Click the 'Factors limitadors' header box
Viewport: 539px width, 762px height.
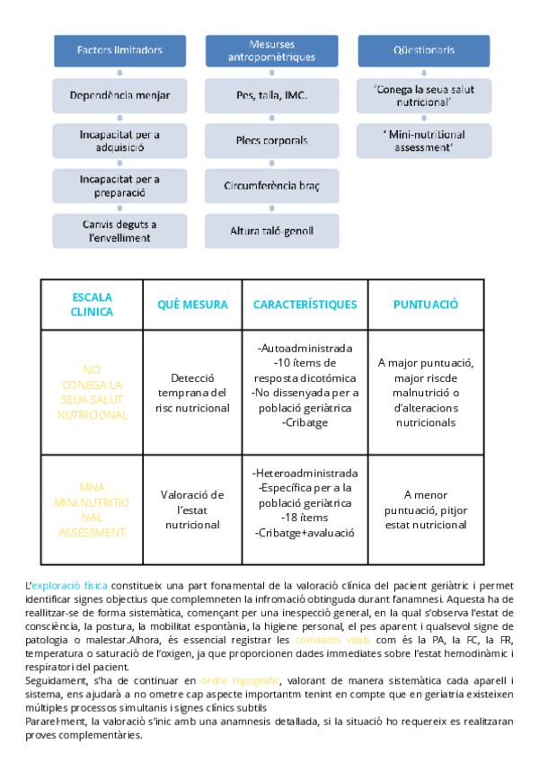pos(119,50)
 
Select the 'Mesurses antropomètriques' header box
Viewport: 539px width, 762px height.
pos(270,50)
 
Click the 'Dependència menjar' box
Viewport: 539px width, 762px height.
pos(119,94)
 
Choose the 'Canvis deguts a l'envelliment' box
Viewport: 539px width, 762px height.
pos(119,231)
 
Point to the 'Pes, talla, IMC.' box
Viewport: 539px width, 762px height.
pos(270,94)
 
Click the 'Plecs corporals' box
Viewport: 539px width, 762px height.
pos(270,141)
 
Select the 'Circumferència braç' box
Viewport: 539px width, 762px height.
pos(270,186)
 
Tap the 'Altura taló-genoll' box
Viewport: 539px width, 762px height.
pos(270,231)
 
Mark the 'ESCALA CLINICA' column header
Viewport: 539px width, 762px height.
pos(92,305)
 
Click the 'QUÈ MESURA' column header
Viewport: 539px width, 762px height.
pos(192,305)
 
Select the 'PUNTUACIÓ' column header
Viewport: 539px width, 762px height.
pos(426,305)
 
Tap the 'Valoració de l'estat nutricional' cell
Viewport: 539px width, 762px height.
pos(192,509)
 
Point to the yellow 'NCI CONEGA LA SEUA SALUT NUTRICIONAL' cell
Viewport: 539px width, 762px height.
pos(92,392)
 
